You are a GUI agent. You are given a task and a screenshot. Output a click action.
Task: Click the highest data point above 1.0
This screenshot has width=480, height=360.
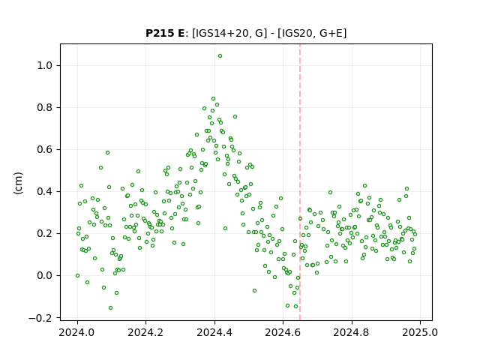click(x=220, y=56)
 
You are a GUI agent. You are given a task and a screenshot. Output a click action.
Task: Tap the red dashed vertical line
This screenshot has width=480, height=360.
click(x=300, y=182)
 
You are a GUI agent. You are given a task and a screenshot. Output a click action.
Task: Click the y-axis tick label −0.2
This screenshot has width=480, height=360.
click(x=43, y=318)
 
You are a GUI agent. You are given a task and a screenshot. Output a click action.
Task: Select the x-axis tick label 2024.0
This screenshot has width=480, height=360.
click(x=77, y=332)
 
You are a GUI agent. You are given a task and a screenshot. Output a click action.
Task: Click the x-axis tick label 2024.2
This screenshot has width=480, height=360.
click(x=146, y=332)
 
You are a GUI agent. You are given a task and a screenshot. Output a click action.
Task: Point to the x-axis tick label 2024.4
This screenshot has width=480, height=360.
click(x=214, y=332)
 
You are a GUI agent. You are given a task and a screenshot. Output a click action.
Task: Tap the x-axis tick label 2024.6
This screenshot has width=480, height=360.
click(x=283, y=332)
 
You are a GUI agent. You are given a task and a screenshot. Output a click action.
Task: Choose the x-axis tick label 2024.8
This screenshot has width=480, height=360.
click(x=352, y=332)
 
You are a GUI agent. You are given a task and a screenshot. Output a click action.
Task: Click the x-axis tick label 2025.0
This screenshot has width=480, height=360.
click(x=420, y=332)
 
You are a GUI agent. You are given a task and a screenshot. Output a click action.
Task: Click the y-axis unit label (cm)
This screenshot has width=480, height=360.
click(x=18, y=183)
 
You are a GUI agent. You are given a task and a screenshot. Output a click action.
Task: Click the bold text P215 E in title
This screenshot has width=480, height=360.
click(x=165, y=33)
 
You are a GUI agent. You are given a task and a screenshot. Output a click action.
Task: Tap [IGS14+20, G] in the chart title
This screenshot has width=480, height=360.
click(x=227, y=33)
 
